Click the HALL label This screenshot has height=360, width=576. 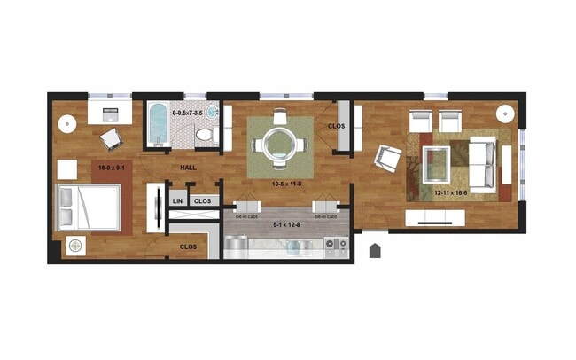tap(189, 168)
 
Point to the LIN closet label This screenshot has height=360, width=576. tap(176, 201)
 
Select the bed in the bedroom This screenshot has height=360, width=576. tap(88, 208)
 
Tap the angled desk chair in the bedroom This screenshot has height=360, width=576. tap(111, 138)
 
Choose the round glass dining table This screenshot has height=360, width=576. tap(280, 139)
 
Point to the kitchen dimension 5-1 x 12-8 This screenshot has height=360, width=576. tap(286, 223)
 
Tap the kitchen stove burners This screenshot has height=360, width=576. tap(336, 243)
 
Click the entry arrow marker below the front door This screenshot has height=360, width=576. tap(375, 251)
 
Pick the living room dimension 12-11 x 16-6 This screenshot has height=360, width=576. tap(451, 192)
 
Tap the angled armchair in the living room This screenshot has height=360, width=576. tap(387, 158)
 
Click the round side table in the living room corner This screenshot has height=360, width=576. tap(506, 113)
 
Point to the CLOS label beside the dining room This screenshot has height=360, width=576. tap(336, 127)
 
